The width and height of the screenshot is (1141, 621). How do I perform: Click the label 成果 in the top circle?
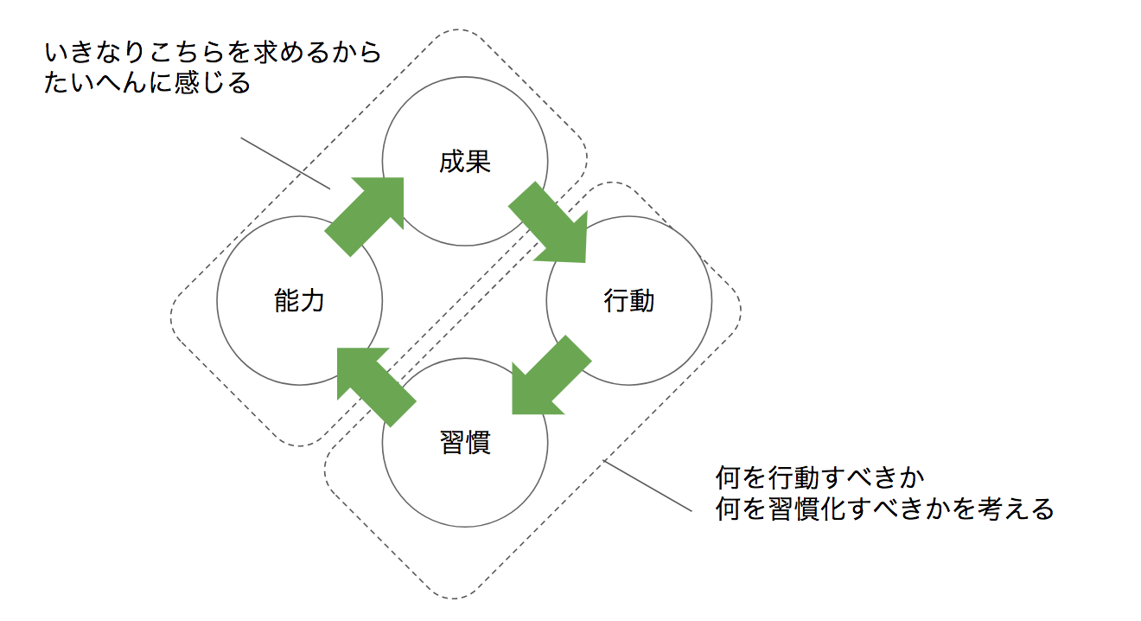tap(465, 162)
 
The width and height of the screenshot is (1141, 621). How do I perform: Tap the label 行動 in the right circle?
tap(629, 301)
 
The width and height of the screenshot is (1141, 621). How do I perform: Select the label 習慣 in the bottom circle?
tap(465, 442)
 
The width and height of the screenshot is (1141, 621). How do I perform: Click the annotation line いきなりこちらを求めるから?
tap(213, 54)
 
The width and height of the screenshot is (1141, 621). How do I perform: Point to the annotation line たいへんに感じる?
tap(147, 84)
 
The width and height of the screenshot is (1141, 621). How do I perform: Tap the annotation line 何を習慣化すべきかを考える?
tap(885, 509)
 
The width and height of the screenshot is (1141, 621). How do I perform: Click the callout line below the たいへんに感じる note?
tap(285, 163)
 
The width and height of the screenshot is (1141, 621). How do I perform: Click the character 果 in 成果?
tap(478, 162)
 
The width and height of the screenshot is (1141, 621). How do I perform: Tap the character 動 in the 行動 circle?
tap(642, 301)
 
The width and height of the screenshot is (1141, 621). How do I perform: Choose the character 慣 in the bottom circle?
tap(478, 442)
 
